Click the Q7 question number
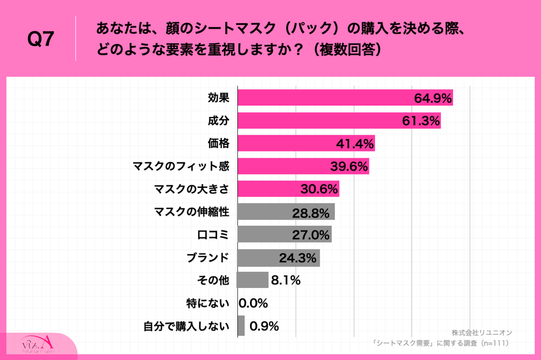click(x=41, y=39)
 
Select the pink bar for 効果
click(x=323, y=98)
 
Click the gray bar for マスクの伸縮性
click(x=271, y=212)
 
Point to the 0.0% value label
click(x=254, y=303)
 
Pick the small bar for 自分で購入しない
click(x=241, y=326)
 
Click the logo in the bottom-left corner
click(x=38, y=345)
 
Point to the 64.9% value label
click(x=432, y=98)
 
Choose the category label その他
click(x=213, y=281)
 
